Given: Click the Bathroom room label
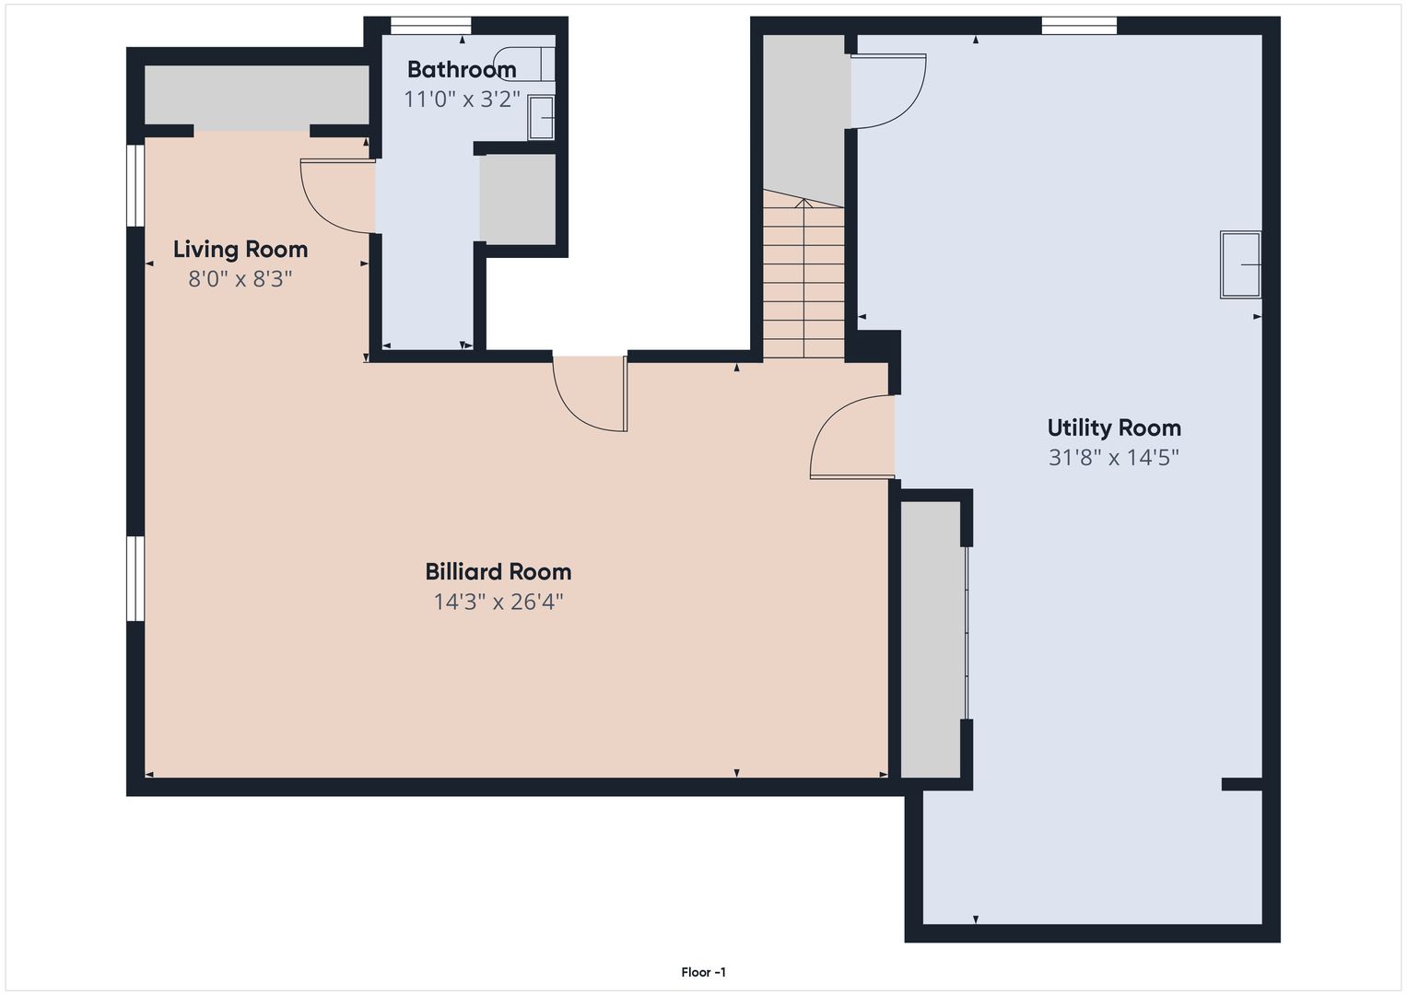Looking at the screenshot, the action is click(462, 69).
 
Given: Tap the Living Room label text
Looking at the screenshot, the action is click(240, 250).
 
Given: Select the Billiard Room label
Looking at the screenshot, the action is click(498, 571).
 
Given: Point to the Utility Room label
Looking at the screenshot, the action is click(1114, 427).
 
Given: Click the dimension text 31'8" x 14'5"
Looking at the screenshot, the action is click(1114, 457).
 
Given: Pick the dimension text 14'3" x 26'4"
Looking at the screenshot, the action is click(498, 602).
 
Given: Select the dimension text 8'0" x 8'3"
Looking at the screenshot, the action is click(240, 278).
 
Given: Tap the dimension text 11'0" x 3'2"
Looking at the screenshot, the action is click(462, 99).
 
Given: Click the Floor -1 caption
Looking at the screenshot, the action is click(704, 972).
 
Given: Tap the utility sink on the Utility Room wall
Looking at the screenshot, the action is click(1240, 264).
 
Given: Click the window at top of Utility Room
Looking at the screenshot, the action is click(1079, 26).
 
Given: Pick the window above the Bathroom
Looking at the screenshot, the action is click(431, 26).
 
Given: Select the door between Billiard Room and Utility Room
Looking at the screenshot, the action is click(852, 438).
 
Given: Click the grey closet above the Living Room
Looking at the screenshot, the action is click(256, 96).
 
